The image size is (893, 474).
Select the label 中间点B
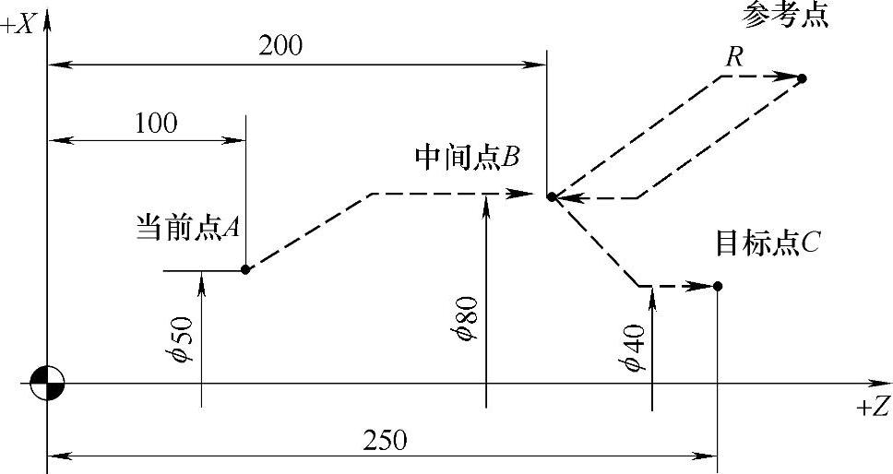pyautogui.click(x=467, y=158)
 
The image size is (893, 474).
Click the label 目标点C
pyautogui.click(x=768, y=243)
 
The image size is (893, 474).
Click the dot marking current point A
pyautogui.click(x=245, y=269)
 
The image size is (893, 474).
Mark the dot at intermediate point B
pyautogui.click(x=551, y=196)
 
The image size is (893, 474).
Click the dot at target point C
pyautogui.click(x=718, y=286)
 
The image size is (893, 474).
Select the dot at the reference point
pyautogui.click(x=802, y=78)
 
